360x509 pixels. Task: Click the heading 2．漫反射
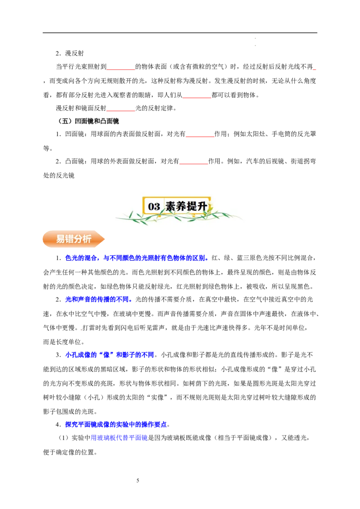(70, 53)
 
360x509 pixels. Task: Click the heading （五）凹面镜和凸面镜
(88, 121)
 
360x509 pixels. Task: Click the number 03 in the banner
(154, 206)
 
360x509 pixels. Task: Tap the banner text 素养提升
(186, 206)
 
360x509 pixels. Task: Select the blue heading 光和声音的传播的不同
(97, 299)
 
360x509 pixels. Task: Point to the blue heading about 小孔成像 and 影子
(109, 355)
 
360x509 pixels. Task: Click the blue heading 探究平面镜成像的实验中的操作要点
(116, 424)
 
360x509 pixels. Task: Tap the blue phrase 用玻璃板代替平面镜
(119, 438)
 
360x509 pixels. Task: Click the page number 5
(138, 480)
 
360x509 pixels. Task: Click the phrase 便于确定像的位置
(69, 452)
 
